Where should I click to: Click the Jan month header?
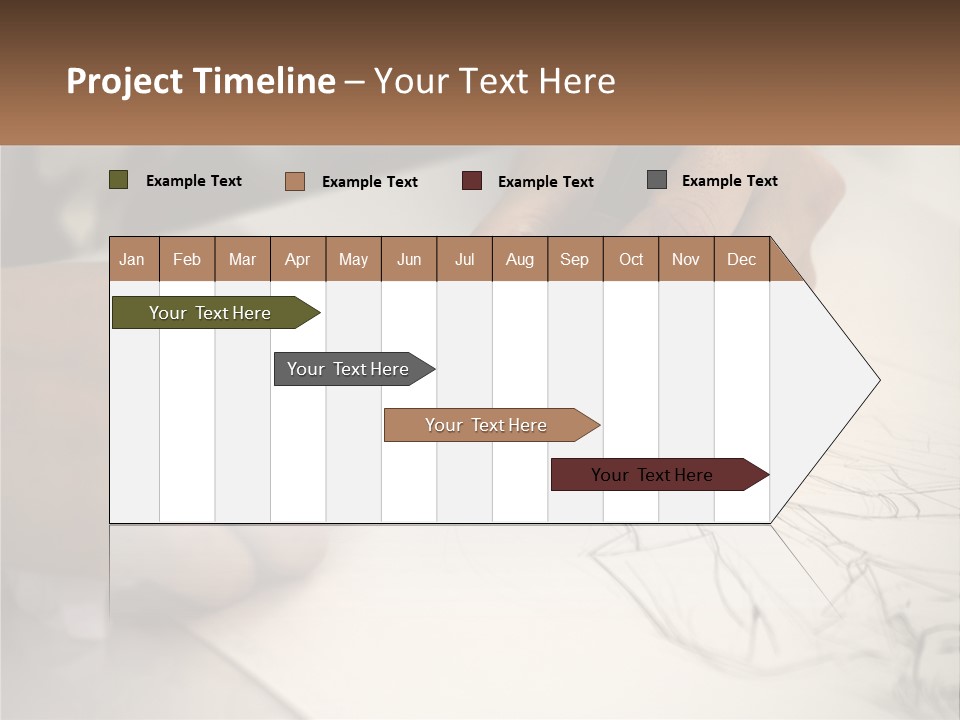click(x=132, y=259)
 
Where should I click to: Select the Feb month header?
click(x=187, y=259)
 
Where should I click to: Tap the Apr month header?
click(x=297, y=259)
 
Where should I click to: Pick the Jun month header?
click(x=409, y=259)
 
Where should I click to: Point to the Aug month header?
click(x=519, y=259)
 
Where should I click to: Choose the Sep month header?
click(x=574, y=259)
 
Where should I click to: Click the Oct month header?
click(x=631, y=259)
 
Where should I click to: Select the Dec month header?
click(x=741, y=259)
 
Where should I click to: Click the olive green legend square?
click(x=119, y=180)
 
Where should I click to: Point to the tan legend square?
click(x=295, y=181)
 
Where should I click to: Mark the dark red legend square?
click(x=472, y=181)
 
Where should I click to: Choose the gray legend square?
click(x=657, y=180)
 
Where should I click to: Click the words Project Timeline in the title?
click(x=201, y=81)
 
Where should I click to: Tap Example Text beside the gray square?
click(x=729, y=181)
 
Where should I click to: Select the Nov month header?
click(x=686, y=259)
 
